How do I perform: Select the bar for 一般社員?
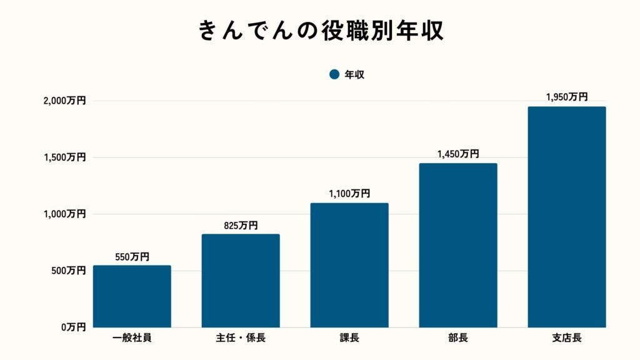(132, 296)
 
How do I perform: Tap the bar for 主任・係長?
(241, 281)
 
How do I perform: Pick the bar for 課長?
(349, 265)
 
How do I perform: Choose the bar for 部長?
(458, 245)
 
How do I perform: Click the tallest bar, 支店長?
(567, 217)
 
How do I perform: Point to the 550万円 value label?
(132, 257)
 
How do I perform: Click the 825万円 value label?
(241, 226)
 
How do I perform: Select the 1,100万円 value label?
(349, 194)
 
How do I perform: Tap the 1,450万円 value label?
(458, 154)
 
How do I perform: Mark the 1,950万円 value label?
(567, 97)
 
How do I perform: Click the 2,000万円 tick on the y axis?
(64, 101)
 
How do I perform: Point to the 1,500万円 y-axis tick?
(64, 157)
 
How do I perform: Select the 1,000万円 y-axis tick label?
(64, 214)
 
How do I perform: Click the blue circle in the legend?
(334, 74)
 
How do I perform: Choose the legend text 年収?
(354, 74)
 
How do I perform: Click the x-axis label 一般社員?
(132, 339)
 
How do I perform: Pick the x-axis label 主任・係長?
(241, 339)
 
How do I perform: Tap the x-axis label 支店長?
(567, 339)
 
